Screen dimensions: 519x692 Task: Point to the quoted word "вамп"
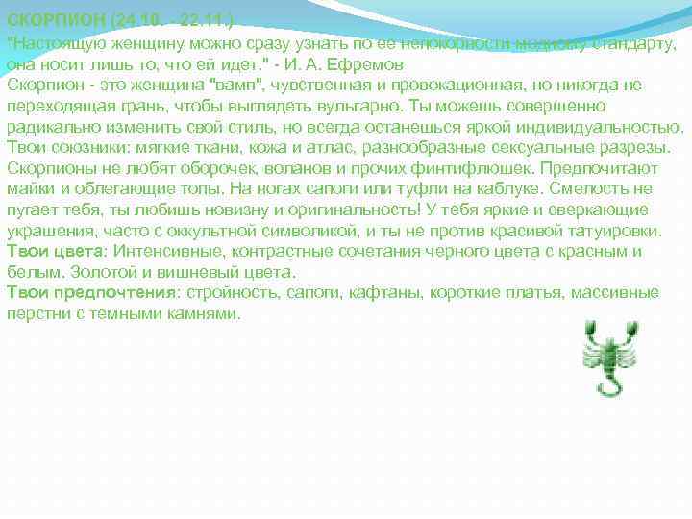tap(236, 86)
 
